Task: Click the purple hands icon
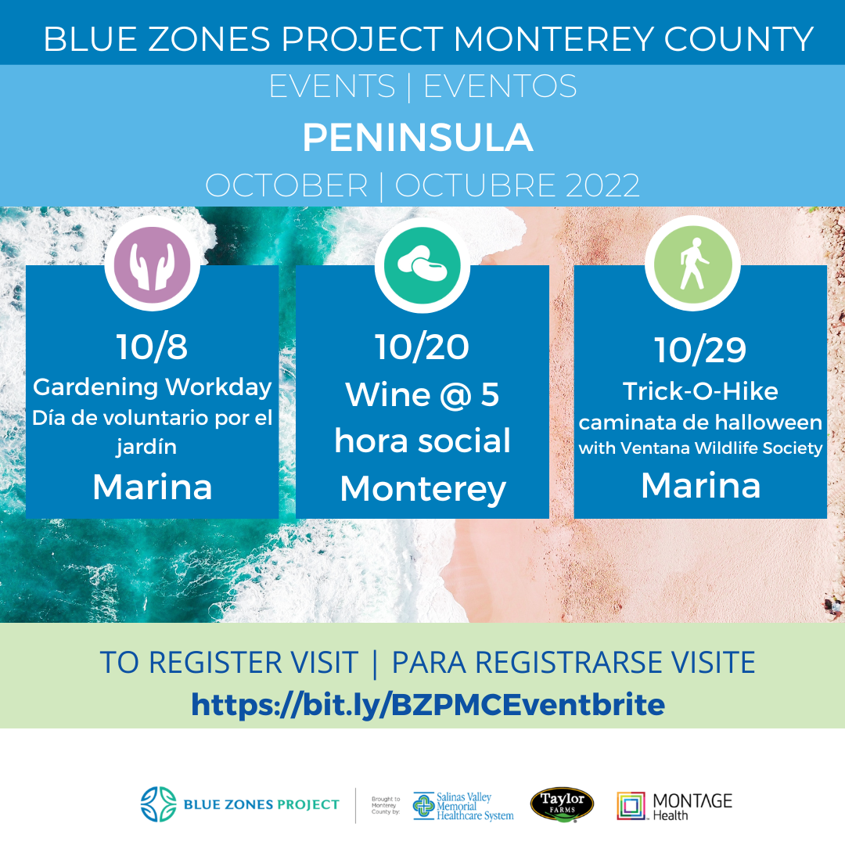click(152, 264)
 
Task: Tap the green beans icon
click(422, 265)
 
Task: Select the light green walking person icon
click(693, 264)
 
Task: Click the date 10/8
click(152, 347)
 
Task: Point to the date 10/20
click(422, 347)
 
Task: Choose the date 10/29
click(700, 350)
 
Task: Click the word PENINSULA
click(418, 138)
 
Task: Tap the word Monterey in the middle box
click(423, 489)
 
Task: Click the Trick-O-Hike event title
click(700, 391)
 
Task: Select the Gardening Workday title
click(152, 387)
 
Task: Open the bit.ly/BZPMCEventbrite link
click(428, 704)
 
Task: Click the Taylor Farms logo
click(562, 804)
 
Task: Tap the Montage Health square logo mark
click(631, 806)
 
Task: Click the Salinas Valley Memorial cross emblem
click(423, 806)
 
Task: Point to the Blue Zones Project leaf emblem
click(158, 804)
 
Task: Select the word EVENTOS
click(500, 86)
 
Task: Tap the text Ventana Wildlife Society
click(721, 448)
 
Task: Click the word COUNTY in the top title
click(739, 39)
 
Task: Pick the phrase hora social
click(422, 440)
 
